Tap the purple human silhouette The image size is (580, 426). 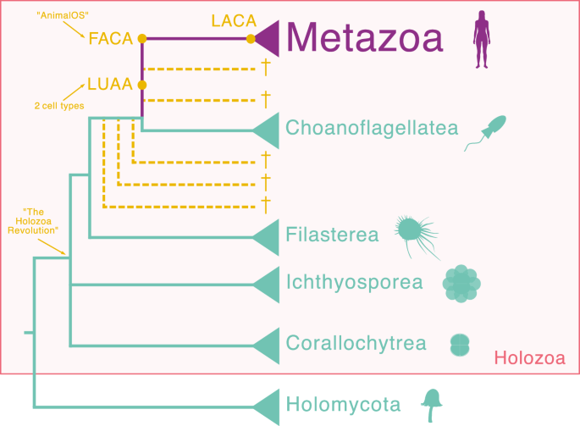(x=483, y=39)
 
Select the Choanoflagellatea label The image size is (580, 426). (x=372, y=129)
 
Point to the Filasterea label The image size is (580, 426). (x=332, y=235)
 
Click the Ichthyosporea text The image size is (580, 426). (x=354, y=281)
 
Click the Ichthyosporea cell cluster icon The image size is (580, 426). (x=462, y=284)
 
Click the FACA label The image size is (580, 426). (x=111, y=38)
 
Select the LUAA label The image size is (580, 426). (x=110, y=86)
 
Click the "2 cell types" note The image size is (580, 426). (x=53, y=106)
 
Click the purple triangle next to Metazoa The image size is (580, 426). (x=268, y=39)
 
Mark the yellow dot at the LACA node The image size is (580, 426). (x=251, y=39)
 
